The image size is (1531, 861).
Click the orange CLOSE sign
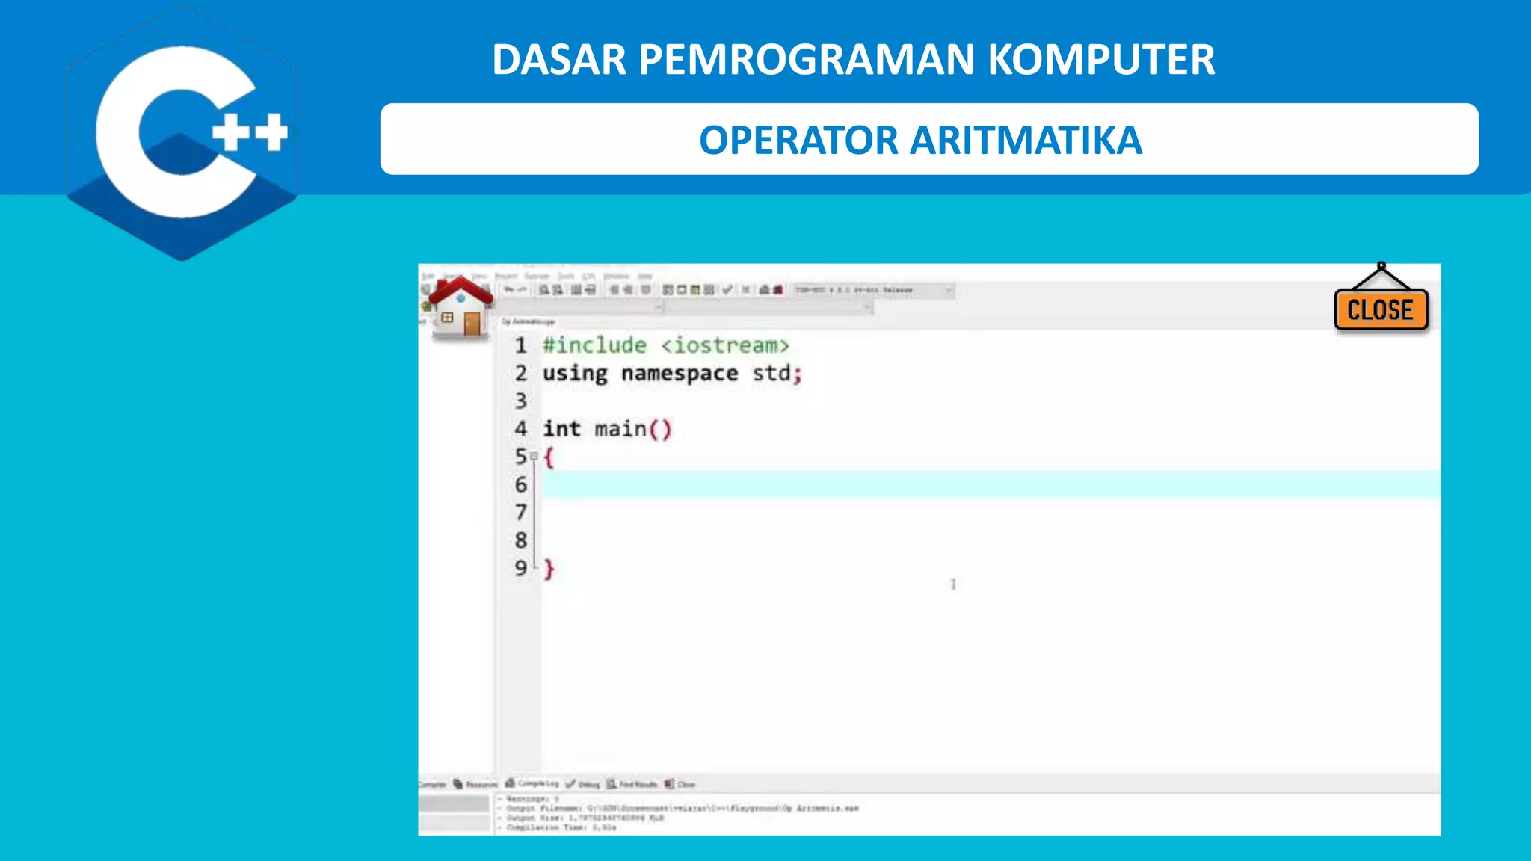[1381, 309]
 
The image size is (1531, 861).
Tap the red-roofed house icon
[460, 306]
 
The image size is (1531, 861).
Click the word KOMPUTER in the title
[1101, 60]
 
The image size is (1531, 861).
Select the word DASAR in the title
[558, 60]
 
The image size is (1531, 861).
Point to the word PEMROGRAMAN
[807, 60]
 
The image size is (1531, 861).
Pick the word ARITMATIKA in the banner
[1026, 141]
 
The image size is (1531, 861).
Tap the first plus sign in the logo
[231, 132]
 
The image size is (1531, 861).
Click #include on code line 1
[594, 345]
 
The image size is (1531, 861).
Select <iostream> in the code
[725, 345]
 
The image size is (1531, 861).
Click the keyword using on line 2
[575, 373]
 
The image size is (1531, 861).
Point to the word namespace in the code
[680, 373]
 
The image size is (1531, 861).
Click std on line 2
[771, 373]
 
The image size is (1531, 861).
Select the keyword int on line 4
[561, 429]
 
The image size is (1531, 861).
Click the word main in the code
[620, 429]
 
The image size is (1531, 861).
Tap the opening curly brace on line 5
[549, 457]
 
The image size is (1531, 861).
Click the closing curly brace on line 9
[549, 569]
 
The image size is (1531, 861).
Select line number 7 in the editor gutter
[521, 513]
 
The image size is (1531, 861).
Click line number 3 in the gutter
[521, 401]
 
